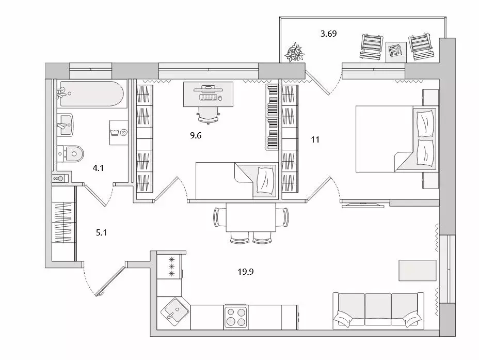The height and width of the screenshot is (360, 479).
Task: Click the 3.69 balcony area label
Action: [x=328, y=34]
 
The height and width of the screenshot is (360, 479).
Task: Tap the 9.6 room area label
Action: [x=196, y=135]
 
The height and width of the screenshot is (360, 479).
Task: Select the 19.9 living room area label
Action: [x=246, y=272]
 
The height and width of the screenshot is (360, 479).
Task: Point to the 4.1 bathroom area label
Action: [x=98, y=168]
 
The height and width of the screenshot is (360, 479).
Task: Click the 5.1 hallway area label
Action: [x=101, y=232]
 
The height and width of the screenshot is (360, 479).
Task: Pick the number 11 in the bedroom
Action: [x=315, y=139]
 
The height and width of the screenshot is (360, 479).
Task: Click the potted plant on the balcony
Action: [x=295, y=53]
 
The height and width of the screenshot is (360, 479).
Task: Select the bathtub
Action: [x=92, y=93]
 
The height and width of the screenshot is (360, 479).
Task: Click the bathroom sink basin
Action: [x=65, y=124]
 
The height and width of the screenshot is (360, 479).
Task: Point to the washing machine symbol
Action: [x=119, y=132]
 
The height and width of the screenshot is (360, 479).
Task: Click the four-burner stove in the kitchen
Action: [x=235, y=317]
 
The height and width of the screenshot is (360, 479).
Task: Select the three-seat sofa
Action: [x=378, y=311]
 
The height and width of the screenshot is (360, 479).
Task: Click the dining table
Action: [x=251, y=217]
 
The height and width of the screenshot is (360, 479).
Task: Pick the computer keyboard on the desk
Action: [x=209, y=98]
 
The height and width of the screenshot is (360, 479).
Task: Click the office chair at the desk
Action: [x=209, y=115]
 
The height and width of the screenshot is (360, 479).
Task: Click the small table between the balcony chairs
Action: [x=396, y=52]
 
